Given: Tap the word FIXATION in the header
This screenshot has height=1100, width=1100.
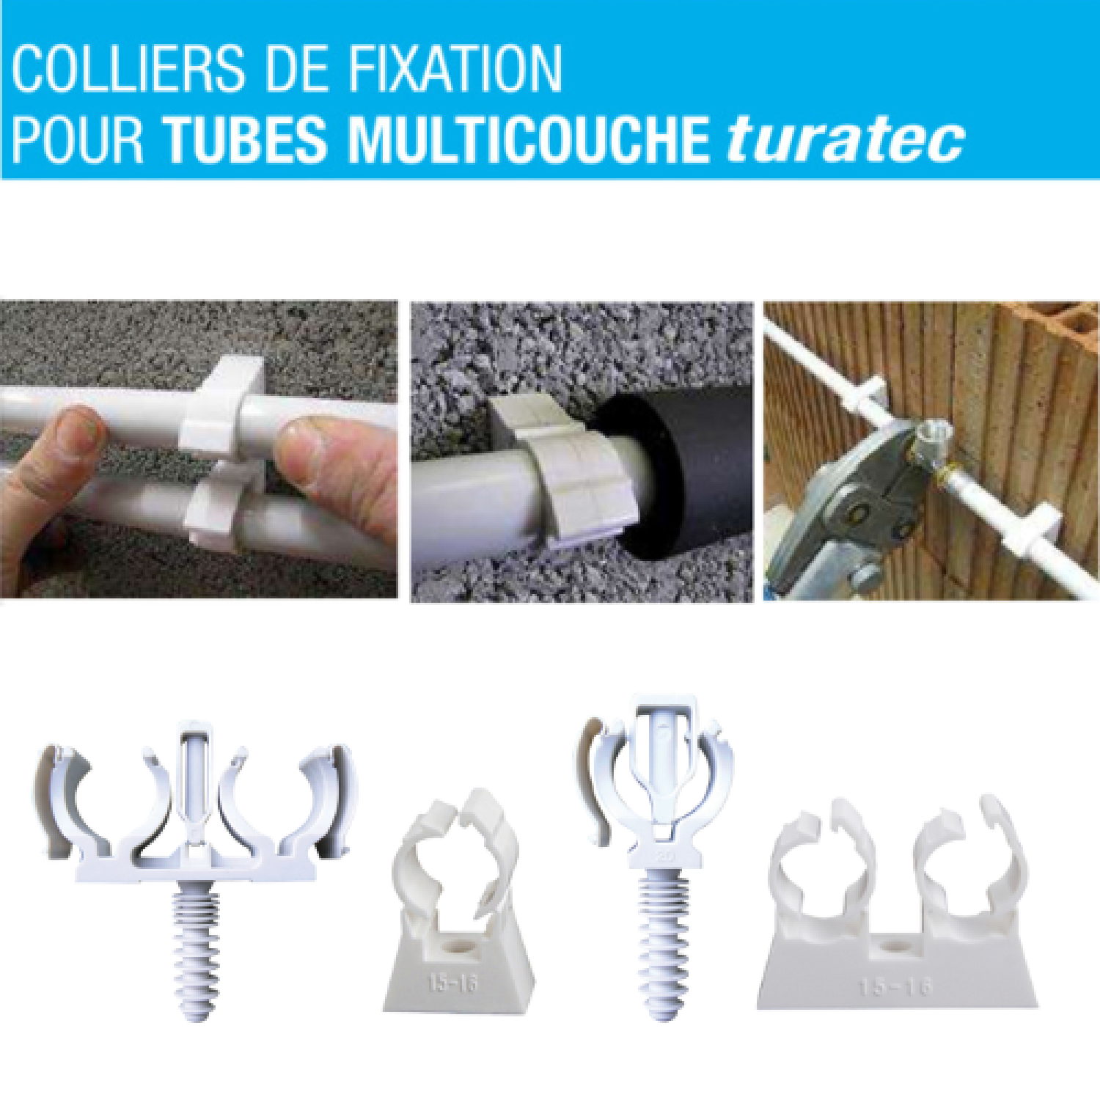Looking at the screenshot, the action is click(455, 68).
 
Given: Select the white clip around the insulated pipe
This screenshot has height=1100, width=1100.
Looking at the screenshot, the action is click(565, 469).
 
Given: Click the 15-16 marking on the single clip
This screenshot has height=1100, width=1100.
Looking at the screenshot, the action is click(452, 981).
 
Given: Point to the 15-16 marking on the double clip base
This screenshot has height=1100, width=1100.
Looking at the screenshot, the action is click(895, 987).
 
